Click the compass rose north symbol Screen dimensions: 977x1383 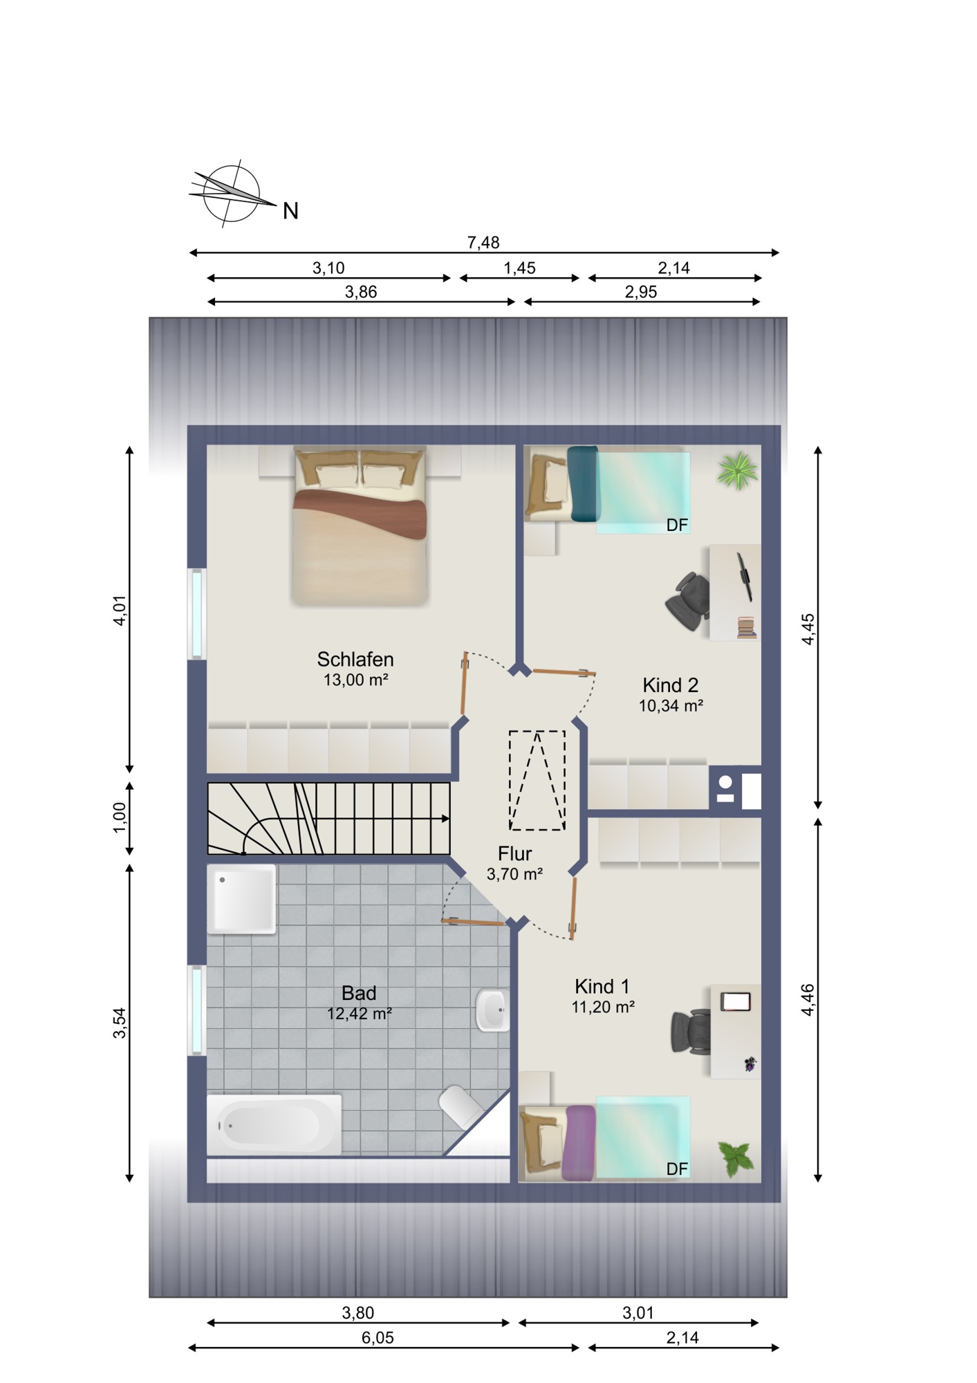(232, 194)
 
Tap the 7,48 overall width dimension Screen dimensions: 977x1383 (483, 243)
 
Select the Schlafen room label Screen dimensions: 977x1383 (355, 669)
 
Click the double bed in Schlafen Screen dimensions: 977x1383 (359, 527)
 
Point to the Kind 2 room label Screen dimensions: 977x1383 (671, 695)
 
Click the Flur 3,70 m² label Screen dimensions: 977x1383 (514, 863)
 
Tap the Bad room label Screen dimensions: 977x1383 (359, 1003)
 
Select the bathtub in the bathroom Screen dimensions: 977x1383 (275, 1125)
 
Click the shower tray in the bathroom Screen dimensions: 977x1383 (241, 899)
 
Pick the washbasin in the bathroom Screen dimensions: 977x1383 (493, 1010)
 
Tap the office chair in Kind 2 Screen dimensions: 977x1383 (689, 601)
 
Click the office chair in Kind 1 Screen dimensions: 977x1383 (691, 1032)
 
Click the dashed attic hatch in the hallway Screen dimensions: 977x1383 (537, 780)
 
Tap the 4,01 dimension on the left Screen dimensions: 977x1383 (120, 610)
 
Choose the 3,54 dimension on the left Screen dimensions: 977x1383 (120, 1023)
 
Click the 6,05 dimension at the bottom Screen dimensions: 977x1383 (378, 1337)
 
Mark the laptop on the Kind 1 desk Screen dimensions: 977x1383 (736, 1001)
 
